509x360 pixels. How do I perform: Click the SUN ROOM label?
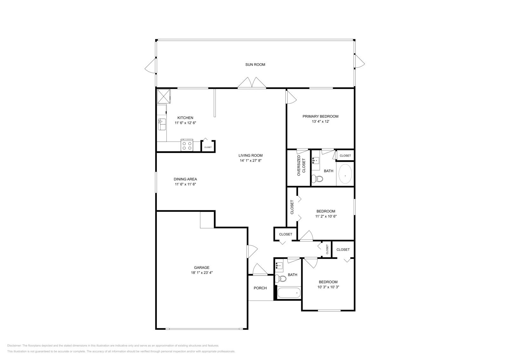(x=255, y=65)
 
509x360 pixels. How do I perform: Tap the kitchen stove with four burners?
(x=187, y=145)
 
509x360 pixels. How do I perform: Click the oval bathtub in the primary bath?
(x=345, y=174)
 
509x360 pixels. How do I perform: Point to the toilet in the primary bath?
(x=317, y=179)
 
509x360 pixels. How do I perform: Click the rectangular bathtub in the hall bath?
(x=289, y=293)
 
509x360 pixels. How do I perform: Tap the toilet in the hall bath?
(x=281, y=279)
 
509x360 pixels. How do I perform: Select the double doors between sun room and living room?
(x=252, y=83)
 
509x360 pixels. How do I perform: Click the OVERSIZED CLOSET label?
(x=301, y=165)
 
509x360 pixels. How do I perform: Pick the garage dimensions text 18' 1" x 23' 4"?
(x=202, y=273)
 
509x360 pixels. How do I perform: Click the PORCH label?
(x=260, y=288)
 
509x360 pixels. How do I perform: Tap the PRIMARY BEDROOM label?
(x=320, y=116)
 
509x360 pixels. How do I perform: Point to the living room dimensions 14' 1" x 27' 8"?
(x=251, y=161)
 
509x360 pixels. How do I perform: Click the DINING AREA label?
(x=185, y=179)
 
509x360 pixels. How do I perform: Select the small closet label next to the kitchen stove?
(x=208, y=147)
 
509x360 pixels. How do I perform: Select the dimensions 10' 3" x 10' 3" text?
(x=328, y=287)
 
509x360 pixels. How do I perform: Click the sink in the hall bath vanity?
(x=279, y=266)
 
